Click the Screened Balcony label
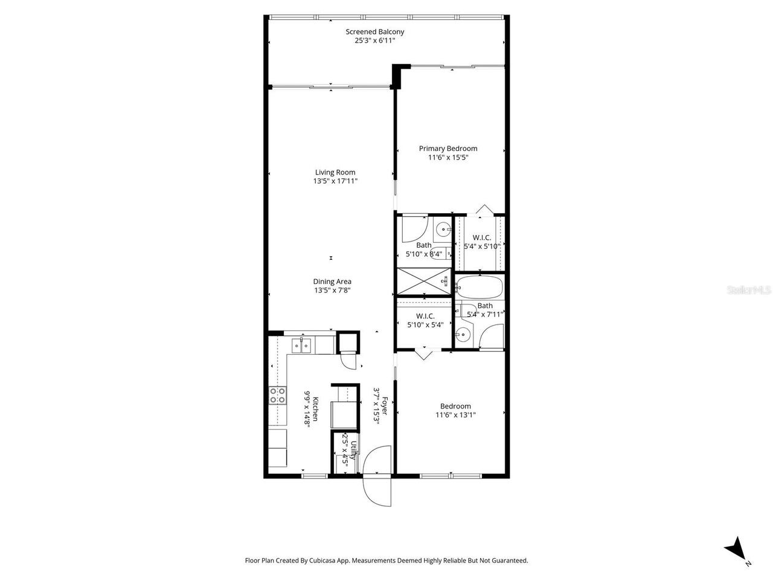374,32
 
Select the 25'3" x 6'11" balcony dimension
374,41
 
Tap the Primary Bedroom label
448,149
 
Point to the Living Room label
335,172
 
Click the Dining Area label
332,282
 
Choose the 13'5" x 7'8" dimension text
332,291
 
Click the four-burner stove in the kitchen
278,396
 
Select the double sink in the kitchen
301,346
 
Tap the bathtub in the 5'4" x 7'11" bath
479,288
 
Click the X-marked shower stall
423,282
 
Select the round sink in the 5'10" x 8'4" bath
444,229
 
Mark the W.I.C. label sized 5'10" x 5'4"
426,316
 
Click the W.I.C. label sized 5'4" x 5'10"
481,237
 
